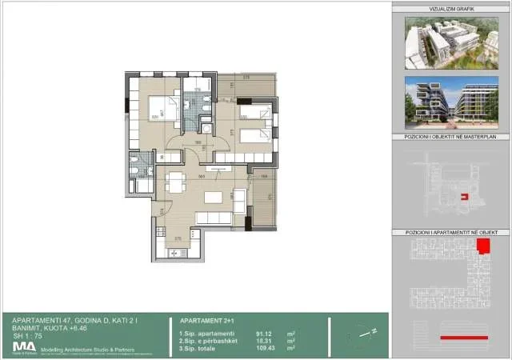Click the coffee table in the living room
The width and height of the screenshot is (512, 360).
[x=213, y=197]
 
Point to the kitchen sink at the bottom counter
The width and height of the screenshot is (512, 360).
[x=174, y=253]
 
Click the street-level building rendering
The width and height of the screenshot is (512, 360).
[x=446, y=104]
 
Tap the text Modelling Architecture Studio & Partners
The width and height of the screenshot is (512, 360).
[x=79, y=348]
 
